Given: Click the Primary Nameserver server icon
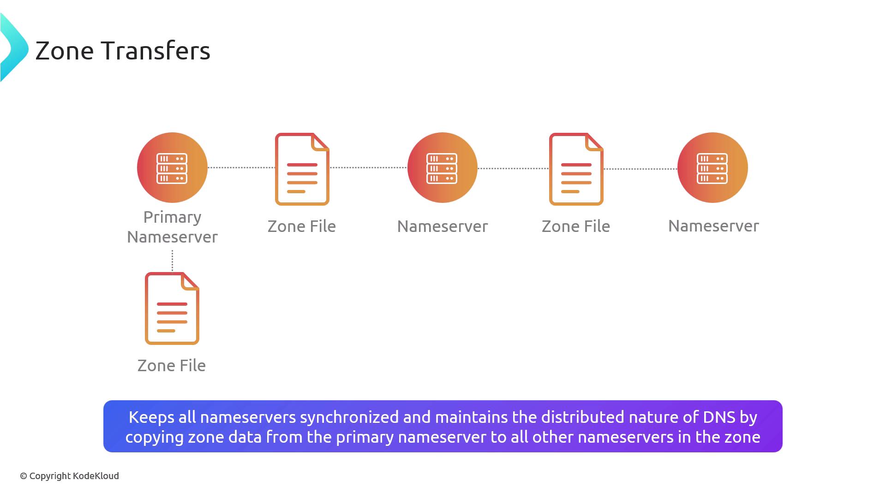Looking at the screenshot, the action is pos(172,167).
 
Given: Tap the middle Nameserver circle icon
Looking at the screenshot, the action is pos(443,167).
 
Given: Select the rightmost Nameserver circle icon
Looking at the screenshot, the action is pos(712,167).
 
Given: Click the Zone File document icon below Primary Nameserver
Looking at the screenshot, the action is pos(172,308).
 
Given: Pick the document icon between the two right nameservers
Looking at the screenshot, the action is pos(576,169).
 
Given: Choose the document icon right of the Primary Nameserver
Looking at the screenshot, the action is pos(302,169).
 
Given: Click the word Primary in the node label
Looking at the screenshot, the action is pos(172,217).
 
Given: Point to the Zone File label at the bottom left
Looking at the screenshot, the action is pos(172,366).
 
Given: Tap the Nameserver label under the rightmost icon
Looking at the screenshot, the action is pos(713,226).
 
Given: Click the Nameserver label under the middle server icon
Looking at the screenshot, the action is pos(443,226).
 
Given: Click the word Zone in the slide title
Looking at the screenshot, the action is pos(65,51).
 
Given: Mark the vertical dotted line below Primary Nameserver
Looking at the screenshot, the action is pos(172,261).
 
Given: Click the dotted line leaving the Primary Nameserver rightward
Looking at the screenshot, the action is pos(241,167).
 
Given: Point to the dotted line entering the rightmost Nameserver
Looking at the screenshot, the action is pos(641,169).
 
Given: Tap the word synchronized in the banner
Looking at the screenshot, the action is pos(349,417).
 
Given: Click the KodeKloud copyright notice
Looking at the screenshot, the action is pos(69,476).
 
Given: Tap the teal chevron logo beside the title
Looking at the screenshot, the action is pos(14,47).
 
